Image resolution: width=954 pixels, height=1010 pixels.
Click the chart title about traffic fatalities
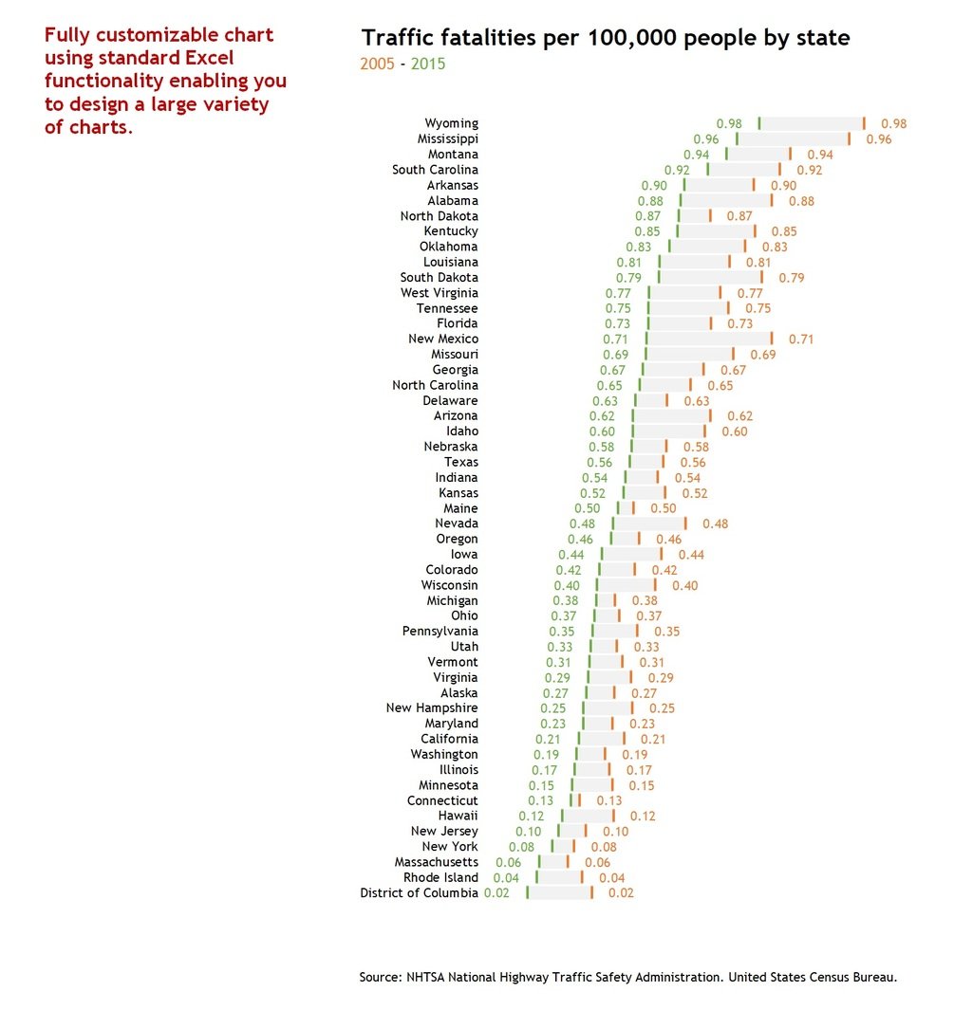click(x=605, y=39)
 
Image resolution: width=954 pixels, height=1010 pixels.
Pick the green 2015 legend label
click(x=427, y=64)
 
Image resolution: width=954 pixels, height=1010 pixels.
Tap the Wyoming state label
click(x=451, y=123)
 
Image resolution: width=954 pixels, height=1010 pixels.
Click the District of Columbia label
click(x=419, y=892)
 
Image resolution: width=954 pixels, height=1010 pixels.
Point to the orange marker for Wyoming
click(x=864, y=123)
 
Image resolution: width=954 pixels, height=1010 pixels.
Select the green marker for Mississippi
click(x=737, y=138)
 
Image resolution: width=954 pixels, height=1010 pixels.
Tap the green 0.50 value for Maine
click(x=587, y=508)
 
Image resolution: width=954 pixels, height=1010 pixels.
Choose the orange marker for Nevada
click(x=685, y=523)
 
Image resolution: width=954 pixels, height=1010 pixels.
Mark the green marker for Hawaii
click(x=562, y=816)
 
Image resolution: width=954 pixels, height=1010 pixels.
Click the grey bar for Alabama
click(x=726, y=200)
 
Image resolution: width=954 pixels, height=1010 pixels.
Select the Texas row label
click(x=461, y=462)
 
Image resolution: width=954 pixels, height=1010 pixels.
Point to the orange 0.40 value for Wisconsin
click(x=684, y=585)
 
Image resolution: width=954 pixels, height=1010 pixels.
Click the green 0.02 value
click(x=496, y=892)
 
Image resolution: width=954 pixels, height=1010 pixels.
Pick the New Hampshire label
click(x=432, y=707)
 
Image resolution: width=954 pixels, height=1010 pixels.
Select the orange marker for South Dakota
click(x=761, y=277)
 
